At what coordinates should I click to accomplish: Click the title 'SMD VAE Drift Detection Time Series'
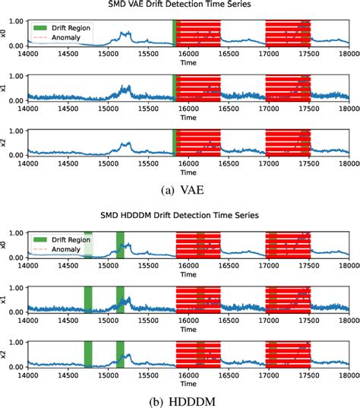pyautogui.click(x=188, y=6)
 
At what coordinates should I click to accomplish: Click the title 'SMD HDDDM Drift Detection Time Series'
pyautogui.click(x=188, y=217)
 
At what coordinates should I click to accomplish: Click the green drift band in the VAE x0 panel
pyautogui.click(x=174, y=33)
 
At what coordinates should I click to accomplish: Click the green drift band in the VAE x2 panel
pyautogui.click(x=174, y=142)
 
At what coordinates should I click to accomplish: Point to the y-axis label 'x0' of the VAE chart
pyautogui.click(x=6, y=33)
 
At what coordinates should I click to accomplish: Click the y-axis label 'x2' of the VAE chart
pyautogui.click(x=6, y=142)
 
